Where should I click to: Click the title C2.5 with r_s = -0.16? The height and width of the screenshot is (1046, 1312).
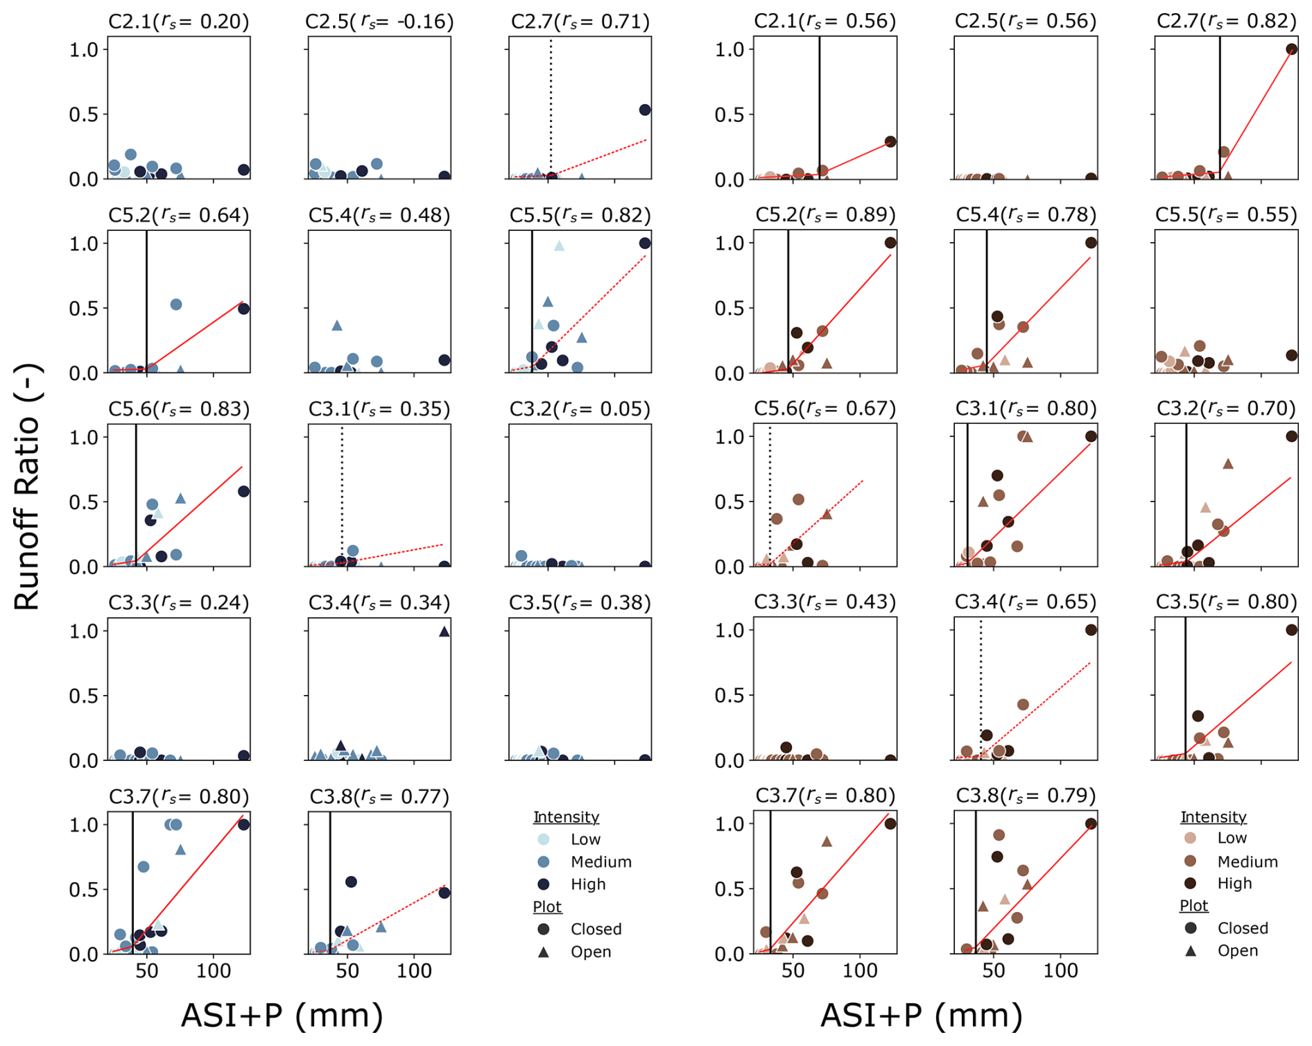click(x=379, y=22)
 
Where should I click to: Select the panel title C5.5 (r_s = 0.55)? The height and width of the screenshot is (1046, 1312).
click(x=1225, y=215)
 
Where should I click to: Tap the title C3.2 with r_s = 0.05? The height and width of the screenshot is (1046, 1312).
click(x=580, y=409)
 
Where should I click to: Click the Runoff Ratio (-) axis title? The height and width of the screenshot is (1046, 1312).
click(x=28, y=487)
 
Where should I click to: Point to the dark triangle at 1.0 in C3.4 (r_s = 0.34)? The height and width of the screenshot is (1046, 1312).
click(x=444, y=631)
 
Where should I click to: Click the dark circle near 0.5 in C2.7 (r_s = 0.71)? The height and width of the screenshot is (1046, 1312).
click(x=644, y=110)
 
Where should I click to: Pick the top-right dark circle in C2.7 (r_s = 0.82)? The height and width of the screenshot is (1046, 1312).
click(x=1291, y=49)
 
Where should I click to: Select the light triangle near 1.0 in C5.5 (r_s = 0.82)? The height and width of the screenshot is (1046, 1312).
click(x=559, y=246)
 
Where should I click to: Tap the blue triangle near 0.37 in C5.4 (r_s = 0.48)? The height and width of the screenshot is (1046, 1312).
click(x=337, y=325)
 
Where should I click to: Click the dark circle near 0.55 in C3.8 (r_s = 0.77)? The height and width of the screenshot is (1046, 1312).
click(x=351, y=882)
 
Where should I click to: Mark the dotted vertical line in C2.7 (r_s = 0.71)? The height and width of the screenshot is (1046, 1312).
click(x=551, y=104)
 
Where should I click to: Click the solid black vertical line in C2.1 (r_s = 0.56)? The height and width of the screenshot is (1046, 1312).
click(x=819, y=104)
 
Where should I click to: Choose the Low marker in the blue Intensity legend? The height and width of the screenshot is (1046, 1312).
click(x=544, y=839)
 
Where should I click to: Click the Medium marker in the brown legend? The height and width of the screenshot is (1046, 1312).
click(x=1191, y=861)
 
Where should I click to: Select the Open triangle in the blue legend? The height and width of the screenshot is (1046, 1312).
click(x=544, y=952)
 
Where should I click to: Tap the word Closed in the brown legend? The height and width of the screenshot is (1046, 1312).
click(x=1243, y=928)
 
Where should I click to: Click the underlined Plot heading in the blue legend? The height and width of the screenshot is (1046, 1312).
click(x=547, y=907)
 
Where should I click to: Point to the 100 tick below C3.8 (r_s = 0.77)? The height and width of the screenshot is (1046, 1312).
click(x=414, y=971)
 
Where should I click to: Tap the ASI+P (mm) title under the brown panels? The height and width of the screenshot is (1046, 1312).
click(x=921, y=1015)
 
